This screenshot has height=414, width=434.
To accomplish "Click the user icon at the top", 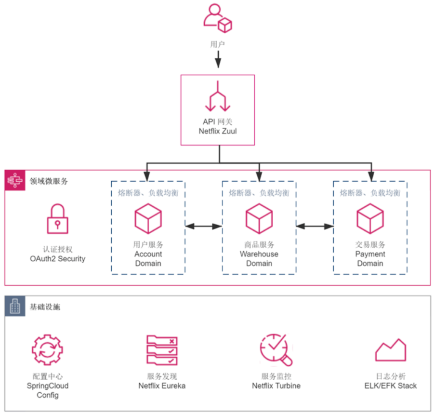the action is [218, 18].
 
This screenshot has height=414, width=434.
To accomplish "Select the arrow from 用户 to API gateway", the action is [218, 59].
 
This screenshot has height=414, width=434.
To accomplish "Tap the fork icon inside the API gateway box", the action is [218, 96].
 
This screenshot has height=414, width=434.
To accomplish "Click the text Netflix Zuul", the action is [218, 131].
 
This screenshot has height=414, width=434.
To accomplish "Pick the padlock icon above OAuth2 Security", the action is [58, 219].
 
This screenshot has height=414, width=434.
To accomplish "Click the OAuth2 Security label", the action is [58, 259].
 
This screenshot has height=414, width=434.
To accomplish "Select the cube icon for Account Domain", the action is [148, 218].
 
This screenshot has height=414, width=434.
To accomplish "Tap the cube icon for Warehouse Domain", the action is [259, 218].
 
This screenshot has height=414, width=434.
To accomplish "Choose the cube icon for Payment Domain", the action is [370, 218].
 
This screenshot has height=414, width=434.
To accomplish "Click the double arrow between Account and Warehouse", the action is [204, 227].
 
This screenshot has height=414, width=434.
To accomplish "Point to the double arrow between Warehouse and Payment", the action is [315, 227].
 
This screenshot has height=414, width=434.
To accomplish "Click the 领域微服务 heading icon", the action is [15, 180].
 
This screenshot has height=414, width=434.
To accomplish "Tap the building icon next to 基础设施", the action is [15, 306].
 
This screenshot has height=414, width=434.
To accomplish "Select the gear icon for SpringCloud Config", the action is [47, 349].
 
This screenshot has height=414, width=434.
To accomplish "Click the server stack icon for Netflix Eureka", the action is [162, 350].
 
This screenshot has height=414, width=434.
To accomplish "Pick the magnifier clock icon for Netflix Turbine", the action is [276, 350].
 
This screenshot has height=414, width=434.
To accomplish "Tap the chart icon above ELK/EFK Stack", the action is [391, 350].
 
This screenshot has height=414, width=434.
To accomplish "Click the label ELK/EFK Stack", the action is [391, 386].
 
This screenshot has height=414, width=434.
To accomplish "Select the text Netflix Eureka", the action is [162, 386].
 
